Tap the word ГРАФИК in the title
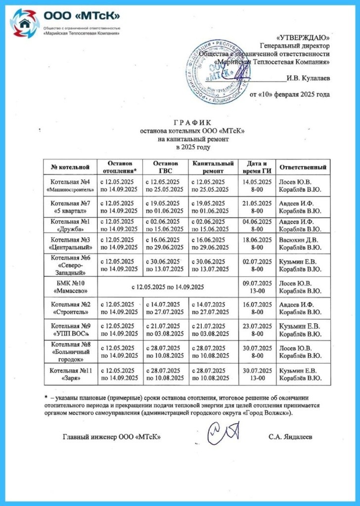pos(192,123)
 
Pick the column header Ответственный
pos(303,167)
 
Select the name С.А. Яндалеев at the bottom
pos(291,437)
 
